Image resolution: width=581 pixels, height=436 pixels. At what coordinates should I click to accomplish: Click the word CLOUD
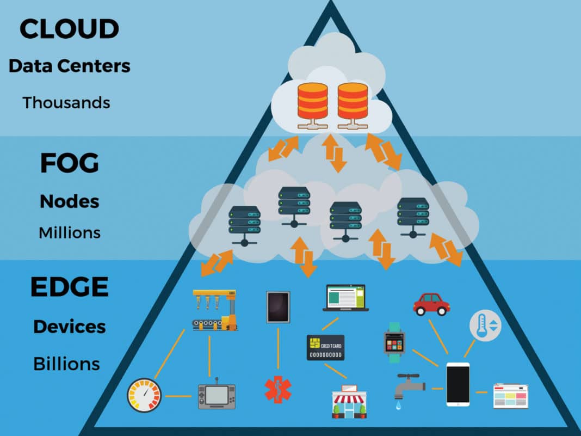pos(69,29)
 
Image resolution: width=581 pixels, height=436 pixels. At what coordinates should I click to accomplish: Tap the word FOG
pos(69,163)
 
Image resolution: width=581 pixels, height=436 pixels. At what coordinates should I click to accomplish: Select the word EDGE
pos(69,287)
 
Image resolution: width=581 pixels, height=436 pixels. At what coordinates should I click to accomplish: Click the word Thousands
pos(66,102)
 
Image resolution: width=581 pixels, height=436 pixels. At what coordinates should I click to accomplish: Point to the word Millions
pos(70,233)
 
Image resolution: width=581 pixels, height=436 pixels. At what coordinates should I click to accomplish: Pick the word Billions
pos(67,364)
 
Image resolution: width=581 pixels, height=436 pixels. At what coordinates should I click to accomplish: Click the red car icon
pos(431,304)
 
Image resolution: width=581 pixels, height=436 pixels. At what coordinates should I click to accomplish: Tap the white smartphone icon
pos(458,384)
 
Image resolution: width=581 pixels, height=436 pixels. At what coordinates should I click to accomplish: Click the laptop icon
pos(345,298)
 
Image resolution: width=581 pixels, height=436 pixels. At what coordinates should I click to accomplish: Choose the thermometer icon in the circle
pos(485,326)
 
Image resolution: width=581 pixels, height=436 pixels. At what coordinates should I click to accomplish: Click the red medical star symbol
pos(278,390)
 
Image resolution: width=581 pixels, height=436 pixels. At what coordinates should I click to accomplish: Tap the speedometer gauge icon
pos(145,395)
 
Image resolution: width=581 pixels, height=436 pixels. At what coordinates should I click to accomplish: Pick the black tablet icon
pos(278,307)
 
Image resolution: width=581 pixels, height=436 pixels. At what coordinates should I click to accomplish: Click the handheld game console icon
pos(217,395)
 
